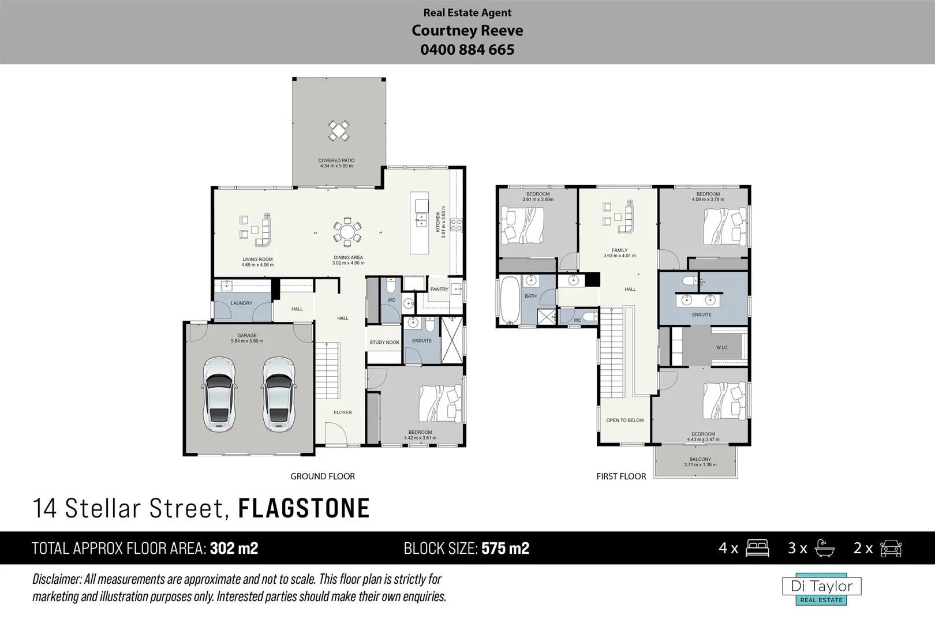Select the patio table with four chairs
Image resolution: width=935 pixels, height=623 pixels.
pos(338,131)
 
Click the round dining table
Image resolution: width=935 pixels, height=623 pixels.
pos(347,232)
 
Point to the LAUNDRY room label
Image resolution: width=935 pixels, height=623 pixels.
pos(241,303)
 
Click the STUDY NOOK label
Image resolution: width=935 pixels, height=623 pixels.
pos(384,342)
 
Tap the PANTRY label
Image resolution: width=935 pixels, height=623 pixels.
pos(439,289)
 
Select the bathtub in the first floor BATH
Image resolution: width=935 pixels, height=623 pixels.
pos(510,299)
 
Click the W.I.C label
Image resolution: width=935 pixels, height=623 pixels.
pos(721,347)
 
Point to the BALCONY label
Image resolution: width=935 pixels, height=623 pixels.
pos(700,459)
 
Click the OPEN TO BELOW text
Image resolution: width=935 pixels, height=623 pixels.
pos(624,420)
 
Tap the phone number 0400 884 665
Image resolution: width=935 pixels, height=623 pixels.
pos(467,50)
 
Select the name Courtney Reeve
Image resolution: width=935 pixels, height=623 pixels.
pos(467,31)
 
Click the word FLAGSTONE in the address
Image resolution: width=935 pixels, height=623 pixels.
pos(304,508)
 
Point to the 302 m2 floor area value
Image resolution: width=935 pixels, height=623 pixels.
pos(234,548)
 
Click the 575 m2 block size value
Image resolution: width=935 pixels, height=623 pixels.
pos(505,548)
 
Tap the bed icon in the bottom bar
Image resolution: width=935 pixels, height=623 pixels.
pos(757,548)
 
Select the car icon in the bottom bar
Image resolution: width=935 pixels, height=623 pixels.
pos(891,548)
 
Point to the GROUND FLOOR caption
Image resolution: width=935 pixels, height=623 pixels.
pos(322,476)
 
